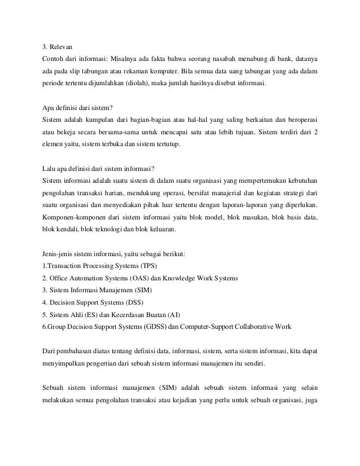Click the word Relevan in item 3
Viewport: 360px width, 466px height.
pos(61,46)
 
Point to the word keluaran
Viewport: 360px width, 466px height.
pos(161,229)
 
